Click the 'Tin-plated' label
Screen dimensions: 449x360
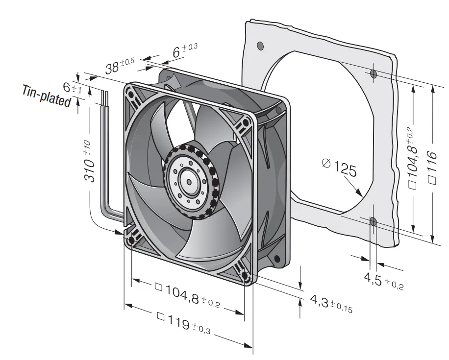[47, 96]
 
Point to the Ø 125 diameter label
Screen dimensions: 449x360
[340, 168]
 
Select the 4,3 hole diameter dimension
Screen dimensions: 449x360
[331, 304]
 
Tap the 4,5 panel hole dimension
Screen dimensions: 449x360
[383, 281]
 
